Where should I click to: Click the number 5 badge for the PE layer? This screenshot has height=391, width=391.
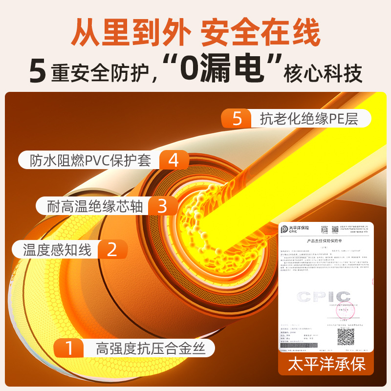click(237, 119)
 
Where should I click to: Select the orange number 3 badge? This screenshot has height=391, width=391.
click(162, 205)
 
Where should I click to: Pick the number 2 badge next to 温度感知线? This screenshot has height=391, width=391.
click(112, 250)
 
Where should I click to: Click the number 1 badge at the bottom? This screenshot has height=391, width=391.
click(69, 348)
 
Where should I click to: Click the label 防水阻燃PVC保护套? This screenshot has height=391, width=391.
click(90, 160)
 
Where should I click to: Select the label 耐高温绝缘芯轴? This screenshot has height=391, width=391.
click(96, 205)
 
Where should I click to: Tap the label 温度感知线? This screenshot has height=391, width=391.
click(57, 250)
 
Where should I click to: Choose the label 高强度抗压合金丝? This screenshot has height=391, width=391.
click(148, 349)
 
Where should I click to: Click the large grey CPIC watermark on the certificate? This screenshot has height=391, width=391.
click(325, 297)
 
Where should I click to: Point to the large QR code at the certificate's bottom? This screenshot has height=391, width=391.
click(346, 336)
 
